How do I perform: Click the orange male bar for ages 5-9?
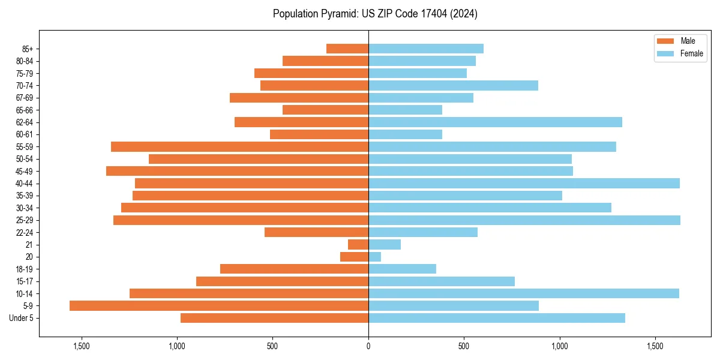[219, 306]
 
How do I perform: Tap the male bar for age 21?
[358, 245]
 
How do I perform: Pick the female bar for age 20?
[375, 257]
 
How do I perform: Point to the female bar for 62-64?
[495, 122]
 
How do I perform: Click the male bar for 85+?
[347, 49]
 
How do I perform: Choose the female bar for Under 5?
[497, 318]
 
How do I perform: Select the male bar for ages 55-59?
[240, 147]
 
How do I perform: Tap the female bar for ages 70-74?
[453, 85]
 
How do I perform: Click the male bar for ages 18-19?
[294, 269]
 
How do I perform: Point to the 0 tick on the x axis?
[368, 346]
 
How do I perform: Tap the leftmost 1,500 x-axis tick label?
[81, 346]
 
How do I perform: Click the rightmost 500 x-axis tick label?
[464, 346]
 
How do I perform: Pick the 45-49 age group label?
[25, 172]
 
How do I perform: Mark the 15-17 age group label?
[25, 281]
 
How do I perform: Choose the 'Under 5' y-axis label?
[22, 318]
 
